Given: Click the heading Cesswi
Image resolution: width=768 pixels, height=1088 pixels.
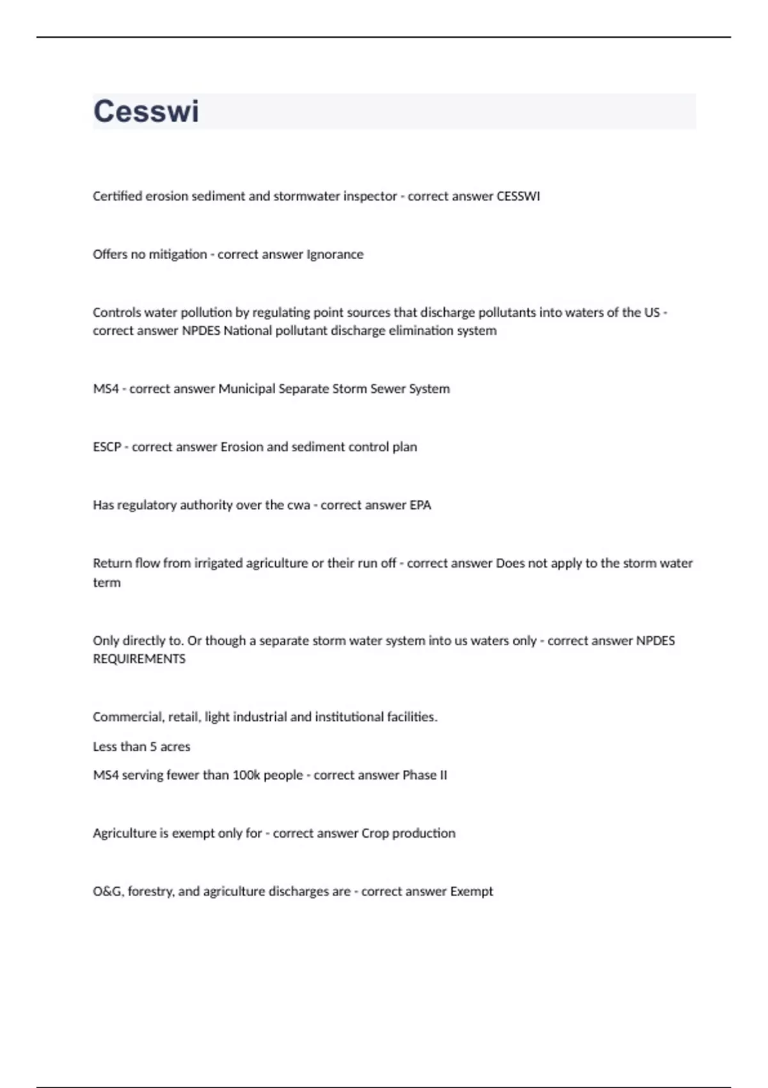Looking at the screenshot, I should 146,111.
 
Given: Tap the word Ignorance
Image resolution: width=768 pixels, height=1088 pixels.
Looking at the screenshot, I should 335,255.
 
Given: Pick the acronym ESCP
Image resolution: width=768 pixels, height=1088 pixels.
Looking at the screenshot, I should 107,447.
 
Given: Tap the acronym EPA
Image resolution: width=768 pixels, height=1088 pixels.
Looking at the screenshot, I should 420,506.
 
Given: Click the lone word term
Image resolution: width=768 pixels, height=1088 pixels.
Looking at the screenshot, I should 106,583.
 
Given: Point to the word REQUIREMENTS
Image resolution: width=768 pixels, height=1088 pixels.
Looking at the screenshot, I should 139,659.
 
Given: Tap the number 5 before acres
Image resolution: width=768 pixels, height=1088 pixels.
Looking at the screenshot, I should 153,747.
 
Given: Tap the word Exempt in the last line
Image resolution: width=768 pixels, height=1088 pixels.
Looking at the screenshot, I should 472,892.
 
